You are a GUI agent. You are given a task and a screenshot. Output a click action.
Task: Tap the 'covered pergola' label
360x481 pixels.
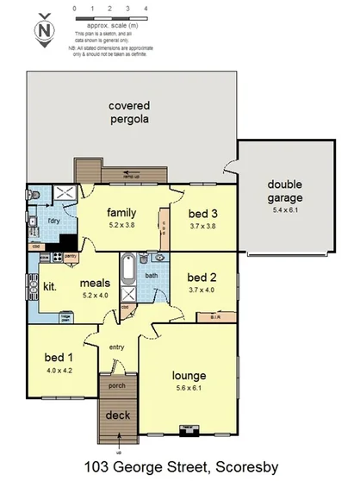pyautogui.click(x=128, y=112)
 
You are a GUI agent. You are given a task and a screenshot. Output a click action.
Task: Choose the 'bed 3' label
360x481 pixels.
pyautogui.click(x=202, y=214)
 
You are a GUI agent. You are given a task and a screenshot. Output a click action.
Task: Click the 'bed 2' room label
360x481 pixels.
pyautogui.click(x=202, y=278)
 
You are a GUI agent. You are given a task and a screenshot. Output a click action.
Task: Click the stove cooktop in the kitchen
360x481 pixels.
pyautogui.click(x=58, y=256)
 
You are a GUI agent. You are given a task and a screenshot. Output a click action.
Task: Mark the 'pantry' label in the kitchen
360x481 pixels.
pyautogui.click(x=71, y=256)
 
